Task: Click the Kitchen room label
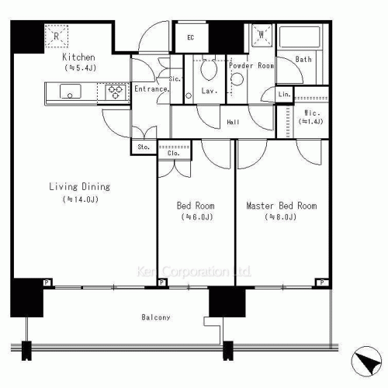[x=78, y=57]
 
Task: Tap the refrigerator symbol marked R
[x=57, y=36]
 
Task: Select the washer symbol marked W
[x=261, y=35]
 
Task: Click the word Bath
[x=303, y=59]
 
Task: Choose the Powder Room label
[x=251, y=66]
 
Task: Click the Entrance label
[x=151, y=89]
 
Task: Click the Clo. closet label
[x=174, y=153]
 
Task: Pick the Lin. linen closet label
[x=284, y=94]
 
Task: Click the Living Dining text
[x=79, y=186]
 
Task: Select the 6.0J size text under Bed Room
[x=196, y=218]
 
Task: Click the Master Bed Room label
[x=281, y=206]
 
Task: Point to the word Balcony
[x=156, y=318]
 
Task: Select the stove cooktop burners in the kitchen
[x=116, y=92]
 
